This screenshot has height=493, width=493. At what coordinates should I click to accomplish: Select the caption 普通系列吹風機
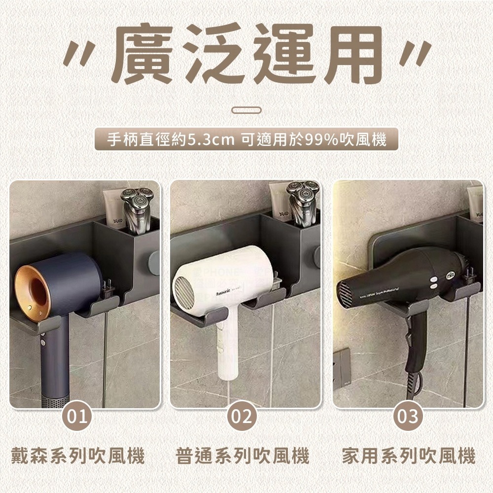pyautogui.click(x=242, y=456)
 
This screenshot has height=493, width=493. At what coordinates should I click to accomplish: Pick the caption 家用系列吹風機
pyautogui.click(x=409, y=456)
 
